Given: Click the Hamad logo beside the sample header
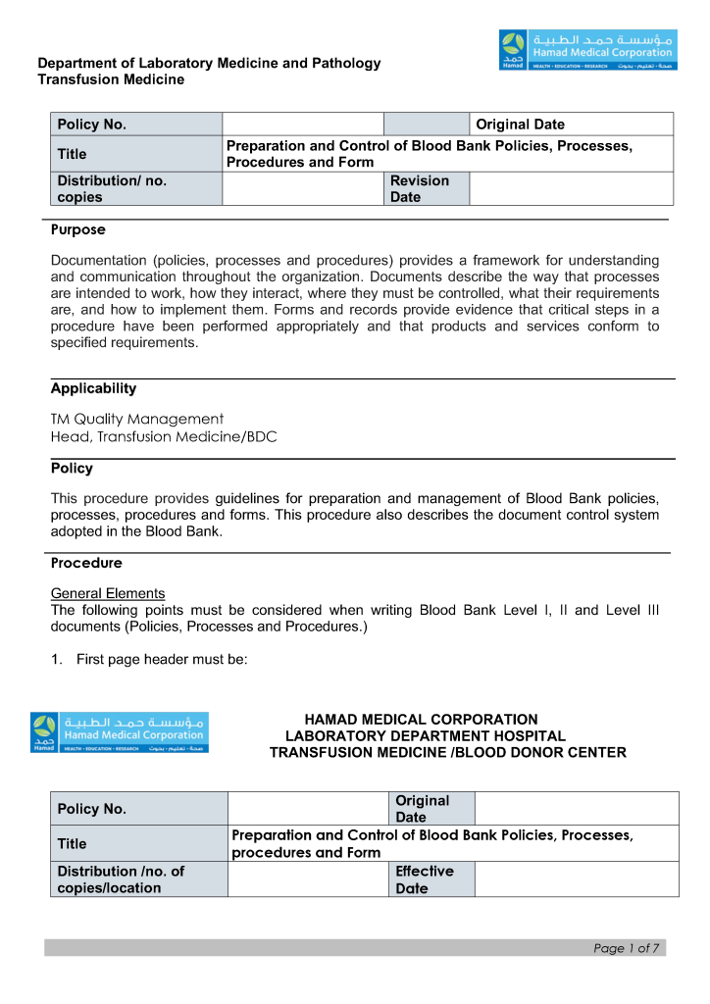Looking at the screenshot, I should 120,733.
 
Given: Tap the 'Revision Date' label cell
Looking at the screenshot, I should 426,188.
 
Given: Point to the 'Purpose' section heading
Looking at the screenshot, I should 78,230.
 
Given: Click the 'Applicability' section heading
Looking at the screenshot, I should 94,388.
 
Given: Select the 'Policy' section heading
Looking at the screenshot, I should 72,469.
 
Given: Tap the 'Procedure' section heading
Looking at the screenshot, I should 86,563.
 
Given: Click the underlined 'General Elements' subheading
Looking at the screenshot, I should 108,593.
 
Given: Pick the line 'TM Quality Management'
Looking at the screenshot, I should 137,419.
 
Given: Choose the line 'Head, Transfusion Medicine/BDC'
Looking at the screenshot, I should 164,437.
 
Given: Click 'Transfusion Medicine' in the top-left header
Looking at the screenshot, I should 111,79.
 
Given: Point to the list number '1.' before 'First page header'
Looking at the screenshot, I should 57,660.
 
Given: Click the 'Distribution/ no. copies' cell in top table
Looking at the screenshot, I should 136,188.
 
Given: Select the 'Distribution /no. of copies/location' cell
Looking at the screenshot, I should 139,879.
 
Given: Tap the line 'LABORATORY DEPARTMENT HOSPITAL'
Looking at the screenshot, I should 426,736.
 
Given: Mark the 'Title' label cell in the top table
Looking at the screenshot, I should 136,154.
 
